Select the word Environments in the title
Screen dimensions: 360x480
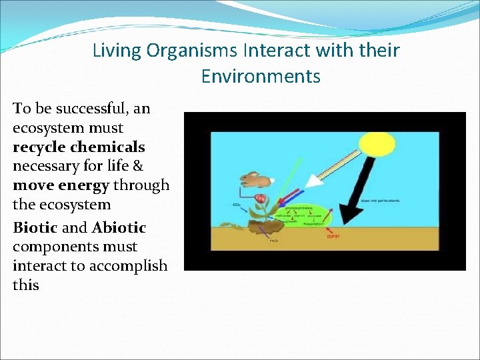click(261, 77)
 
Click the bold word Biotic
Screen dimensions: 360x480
click(35, 228)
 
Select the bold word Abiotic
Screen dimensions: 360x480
click(119, 228)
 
